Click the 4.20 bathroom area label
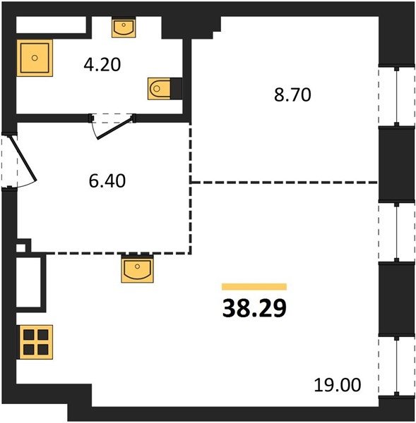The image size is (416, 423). [102, 65]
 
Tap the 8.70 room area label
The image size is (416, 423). [292, 95]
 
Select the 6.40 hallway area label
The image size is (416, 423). [107, 181]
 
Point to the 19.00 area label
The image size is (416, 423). [338, 385]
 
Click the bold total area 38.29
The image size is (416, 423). [254, 309]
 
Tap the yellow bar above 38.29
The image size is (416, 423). [254, 286]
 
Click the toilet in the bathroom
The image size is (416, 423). [159, 89]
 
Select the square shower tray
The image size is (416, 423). [35, 58]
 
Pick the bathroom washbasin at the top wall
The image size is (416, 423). [124, 27]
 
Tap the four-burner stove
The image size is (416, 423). [35, 342]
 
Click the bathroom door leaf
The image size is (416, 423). [116, 128]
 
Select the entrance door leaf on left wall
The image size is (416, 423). [23, 159]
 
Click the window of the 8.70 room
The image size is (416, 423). [396, 96]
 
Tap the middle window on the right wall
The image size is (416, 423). [396, 232]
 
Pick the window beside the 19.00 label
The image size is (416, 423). [396, 367]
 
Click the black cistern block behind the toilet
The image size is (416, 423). [176, 88]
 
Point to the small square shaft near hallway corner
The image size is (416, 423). [21, 247]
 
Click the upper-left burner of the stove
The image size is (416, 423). [29, 335]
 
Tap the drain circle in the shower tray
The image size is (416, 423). [35, 58]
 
